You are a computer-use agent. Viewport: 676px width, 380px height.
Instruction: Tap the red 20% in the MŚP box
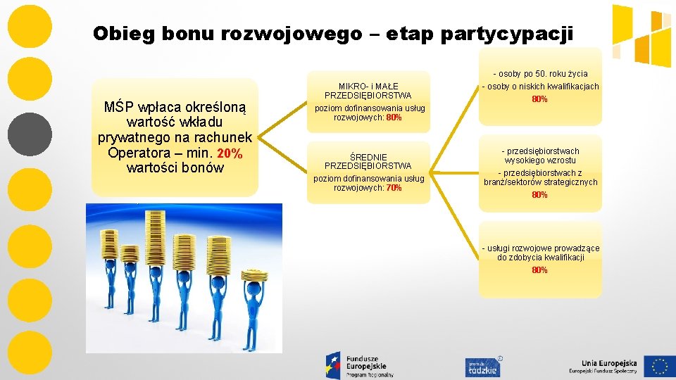pos(230,153)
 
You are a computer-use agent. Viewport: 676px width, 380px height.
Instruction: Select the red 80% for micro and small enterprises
pos(394,118)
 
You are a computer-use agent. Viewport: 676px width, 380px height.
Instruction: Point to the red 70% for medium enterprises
pos(394,188)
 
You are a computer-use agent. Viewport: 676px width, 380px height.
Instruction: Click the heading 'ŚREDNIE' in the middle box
pos(368,157)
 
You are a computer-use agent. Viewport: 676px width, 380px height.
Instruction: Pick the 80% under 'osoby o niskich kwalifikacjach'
pos(540,99)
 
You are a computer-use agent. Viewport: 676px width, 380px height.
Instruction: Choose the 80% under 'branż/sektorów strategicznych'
pos(540,195)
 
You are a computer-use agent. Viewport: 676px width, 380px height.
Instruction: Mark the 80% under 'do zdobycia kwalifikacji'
pos(540,270)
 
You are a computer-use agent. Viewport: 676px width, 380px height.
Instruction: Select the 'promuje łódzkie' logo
pos(482,366)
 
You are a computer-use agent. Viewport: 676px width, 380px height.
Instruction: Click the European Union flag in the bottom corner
pos(658,366)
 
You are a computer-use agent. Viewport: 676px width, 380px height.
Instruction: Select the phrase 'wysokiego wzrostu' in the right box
pos(540,160)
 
